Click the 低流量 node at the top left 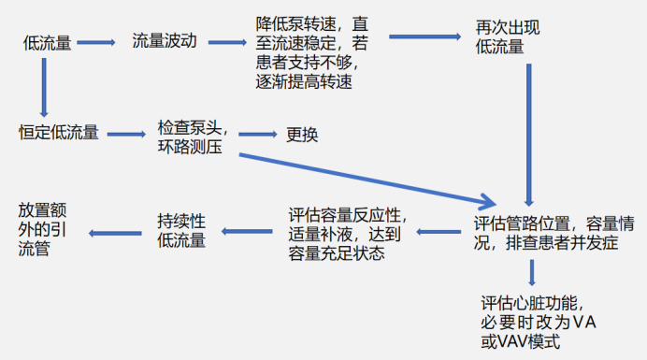tap(48, 42)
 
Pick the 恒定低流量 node tap(59, 132)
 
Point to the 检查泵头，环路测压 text tap(194, 137)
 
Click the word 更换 tap(302, 135)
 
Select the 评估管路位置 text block tap(555, 233)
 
